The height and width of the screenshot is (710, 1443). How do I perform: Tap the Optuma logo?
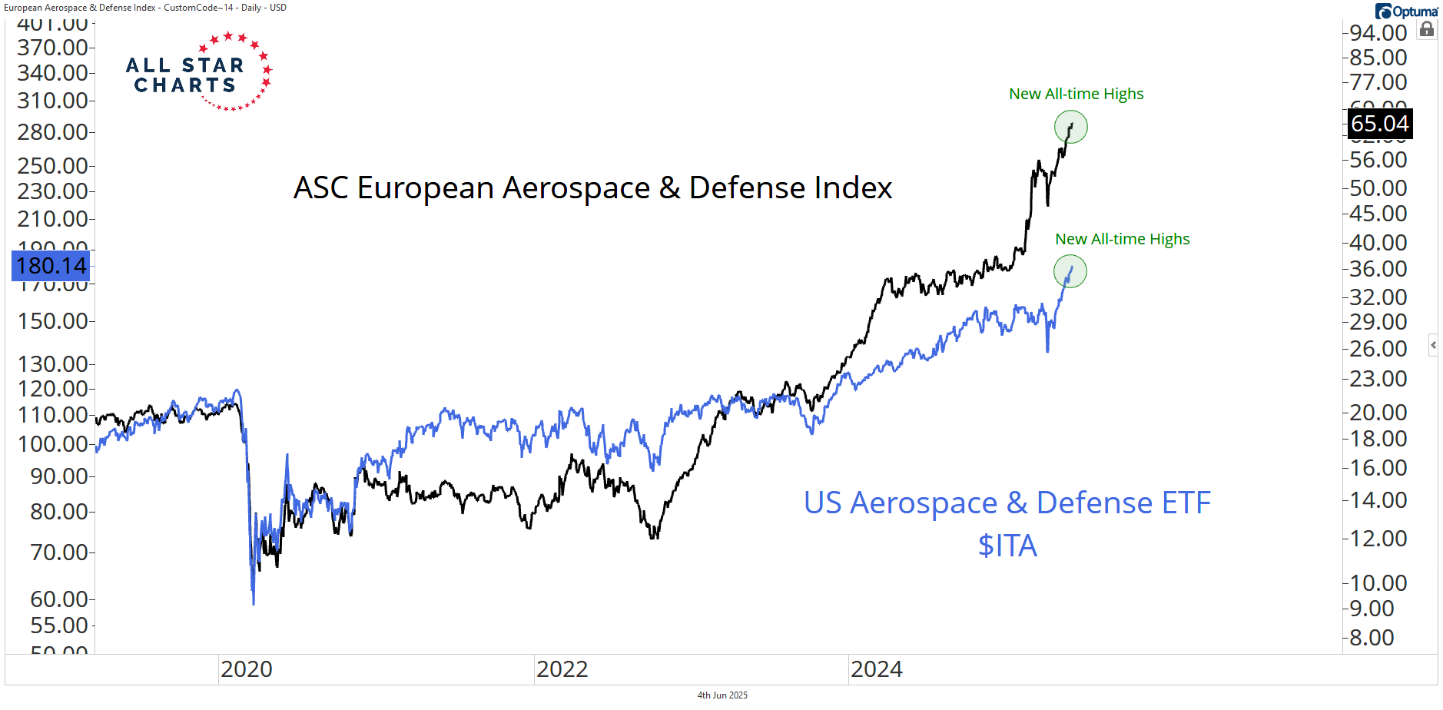click(x=1406, y=12)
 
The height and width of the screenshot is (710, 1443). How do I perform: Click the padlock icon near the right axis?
click(x=1427, y=29)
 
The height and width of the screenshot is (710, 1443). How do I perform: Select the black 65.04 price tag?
click(x=1380, y=124)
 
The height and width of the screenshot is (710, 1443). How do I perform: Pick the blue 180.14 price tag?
click(x=51, y=266)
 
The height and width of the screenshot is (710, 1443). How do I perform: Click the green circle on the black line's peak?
click(x=1070, y=127)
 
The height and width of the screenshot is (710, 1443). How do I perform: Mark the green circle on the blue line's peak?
click(x=1070, y=271)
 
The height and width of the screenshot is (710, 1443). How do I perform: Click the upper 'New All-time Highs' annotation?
click(x=1076, y=94)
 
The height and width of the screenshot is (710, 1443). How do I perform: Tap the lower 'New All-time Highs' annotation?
click(x=1122, y=239)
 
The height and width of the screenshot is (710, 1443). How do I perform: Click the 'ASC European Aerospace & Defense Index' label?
click(x=592, y=188)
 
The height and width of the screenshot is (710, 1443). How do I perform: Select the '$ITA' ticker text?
click(x=1007, y=546)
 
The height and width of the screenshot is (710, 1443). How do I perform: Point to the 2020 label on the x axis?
click(x=247, y=669)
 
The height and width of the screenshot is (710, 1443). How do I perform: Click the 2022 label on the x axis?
click(x=562, y=669)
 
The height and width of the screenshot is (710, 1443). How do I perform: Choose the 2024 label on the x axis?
click(x=877, y=669)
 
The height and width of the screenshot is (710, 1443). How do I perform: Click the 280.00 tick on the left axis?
click(x=52, y=132)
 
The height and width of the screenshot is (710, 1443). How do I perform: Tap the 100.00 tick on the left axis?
click(x=52, y=444)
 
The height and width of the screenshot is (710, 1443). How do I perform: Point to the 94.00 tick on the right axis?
click(x=1378, y=33)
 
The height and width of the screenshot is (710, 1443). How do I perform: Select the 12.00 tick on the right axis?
click(x=1378, y=539)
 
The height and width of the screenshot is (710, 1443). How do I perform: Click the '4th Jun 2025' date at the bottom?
click(x=722, y=695)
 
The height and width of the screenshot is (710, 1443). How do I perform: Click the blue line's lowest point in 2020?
click(x=254, y=604)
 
